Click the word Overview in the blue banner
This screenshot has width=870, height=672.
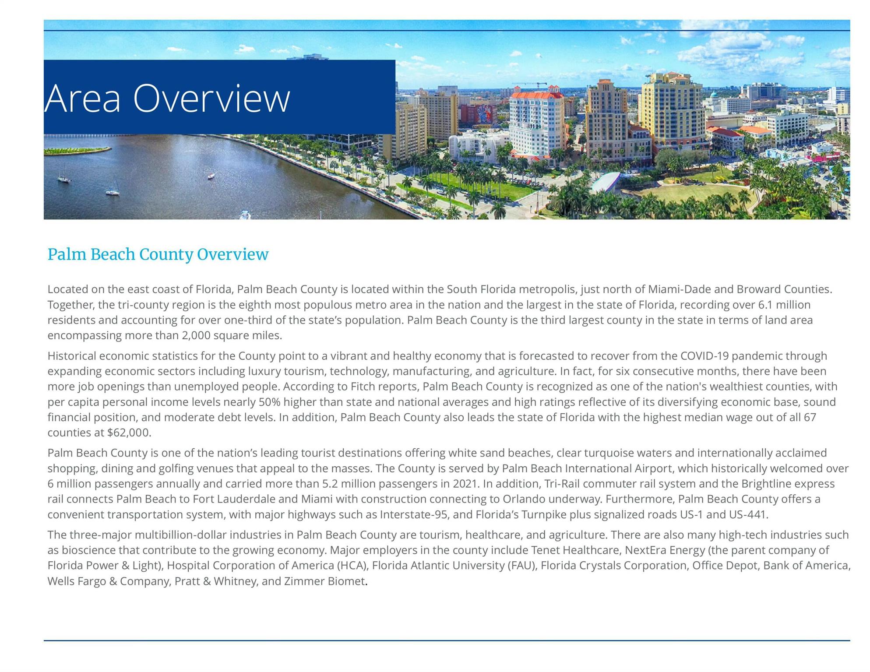point(211,99)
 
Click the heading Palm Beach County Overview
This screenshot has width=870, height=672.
point(158,254)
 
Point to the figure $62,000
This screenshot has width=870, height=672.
point(129,433)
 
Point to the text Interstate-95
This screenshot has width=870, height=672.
point(414,515)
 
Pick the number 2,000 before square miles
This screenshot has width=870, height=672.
point(197,336)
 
